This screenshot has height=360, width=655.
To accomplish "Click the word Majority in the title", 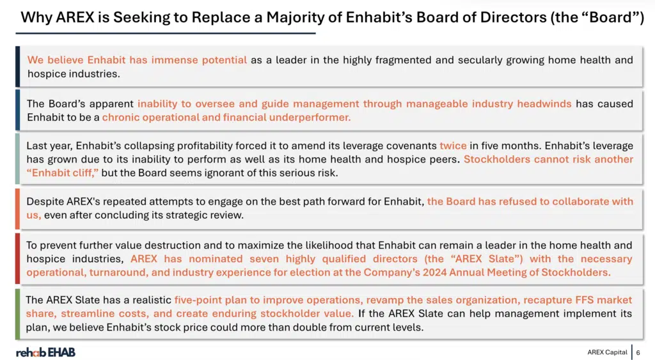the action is click(x=296, y=17).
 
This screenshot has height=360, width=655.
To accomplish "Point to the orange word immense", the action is click(x=175, y=59).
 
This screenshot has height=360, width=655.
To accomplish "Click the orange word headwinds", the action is click(x=544, y=104).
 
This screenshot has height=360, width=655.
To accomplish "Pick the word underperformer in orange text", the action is click(x=310, y=118).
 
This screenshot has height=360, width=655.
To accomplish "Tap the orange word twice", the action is click(x=453, y=146).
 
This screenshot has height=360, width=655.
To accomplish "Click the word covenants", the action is click(x=411, y=146).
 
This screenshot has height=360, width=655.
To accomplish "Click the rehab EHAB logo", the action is click(x=45, y=352).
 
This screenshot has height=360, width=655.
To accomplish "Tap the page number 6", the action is click(x=638, y=352).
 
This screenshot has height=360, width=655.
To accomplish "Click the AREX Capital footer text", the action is click(x=607, y=352).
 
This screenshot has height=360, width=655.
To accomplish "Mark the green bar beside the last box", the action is click(x=17, y=314).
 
